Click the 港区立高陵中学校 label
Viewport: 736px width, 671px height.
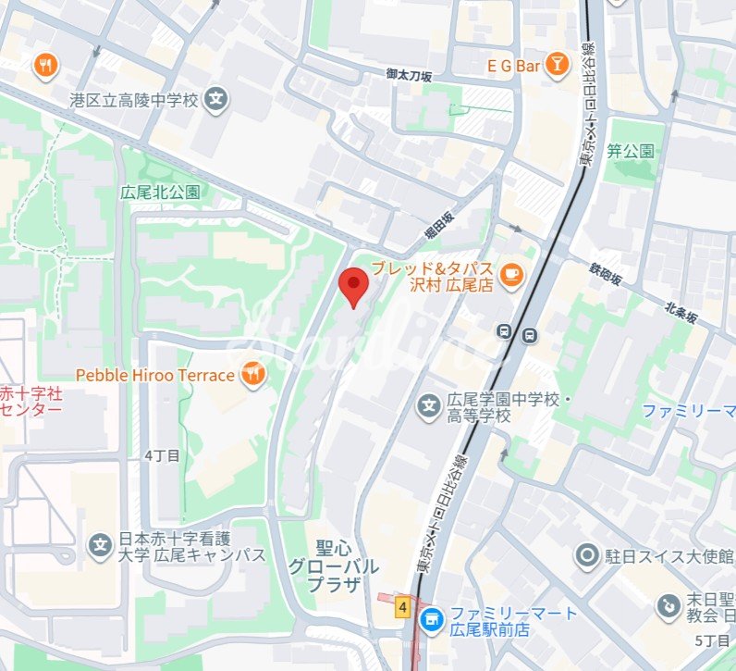[133, 98]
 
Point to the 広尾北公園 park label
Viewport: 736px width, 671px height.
[160, 193]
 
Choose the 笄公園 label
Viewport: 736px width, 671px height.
[631, 150]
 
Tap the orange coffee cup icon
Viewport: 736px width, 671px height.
[509, 274]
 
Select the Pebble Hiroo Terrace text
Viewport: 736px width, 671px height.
[154, 375]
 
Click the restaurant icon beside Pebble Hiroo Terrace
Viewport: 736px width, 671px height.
[251, 374]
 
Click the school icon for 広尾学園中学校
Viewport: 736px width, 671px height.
[428, 405]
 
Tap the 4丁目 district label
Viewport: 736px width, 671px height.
[163, 455]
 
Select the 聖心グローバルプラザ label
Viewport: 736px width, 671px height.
[333, 565]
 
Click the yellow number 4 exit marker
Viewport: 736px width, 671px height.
[402, 607]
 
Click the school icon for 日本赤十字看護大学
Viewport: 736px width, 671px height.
[100, 545]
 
